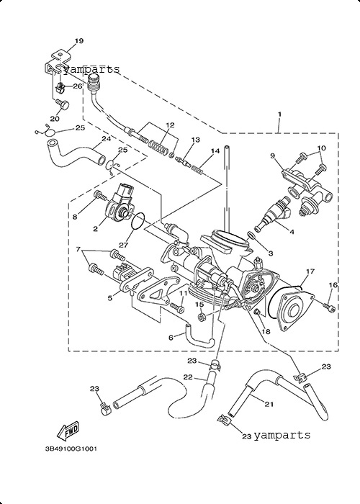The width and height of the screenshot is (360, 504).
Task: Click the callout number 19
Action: tap(79, 41)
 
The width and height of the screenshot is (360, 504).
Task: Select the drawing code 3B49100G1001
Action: tap(71, 449)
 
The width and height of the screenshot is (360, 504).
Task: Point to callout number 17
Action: tap(310, 271)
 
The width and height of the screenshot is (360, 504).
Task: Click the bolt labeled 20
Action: tap(63, 104)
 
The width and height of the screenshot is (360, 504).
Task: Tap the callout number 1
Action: tap(279, 114)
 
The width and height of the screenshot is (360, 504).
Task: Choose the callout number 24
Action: tap(106, 139)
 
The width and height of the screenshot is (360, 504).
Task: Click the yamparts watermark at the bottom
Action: tap(282, 435)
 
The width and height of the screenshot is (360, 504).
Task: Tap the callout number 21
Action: tap(269, 404)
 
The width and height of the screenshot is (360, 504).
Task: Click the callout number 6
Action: tap(171, 338)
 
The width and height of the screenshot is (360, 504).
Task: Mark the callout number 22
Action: tap(188, 377)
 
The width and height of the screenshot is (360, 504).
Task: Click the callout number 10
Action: tap(321, 148)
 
